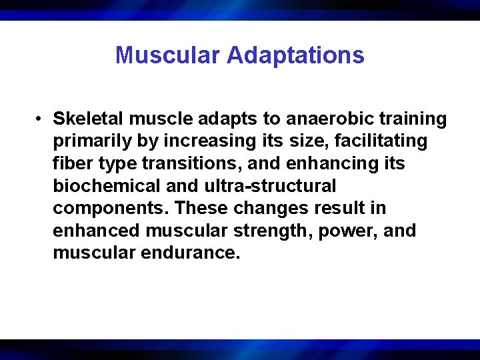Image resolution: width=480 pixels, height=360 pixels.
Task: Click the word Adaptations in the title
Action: coord(295,55)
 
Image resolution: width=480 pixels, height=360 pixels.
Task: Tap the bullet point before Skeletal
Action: coord(41,119)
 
